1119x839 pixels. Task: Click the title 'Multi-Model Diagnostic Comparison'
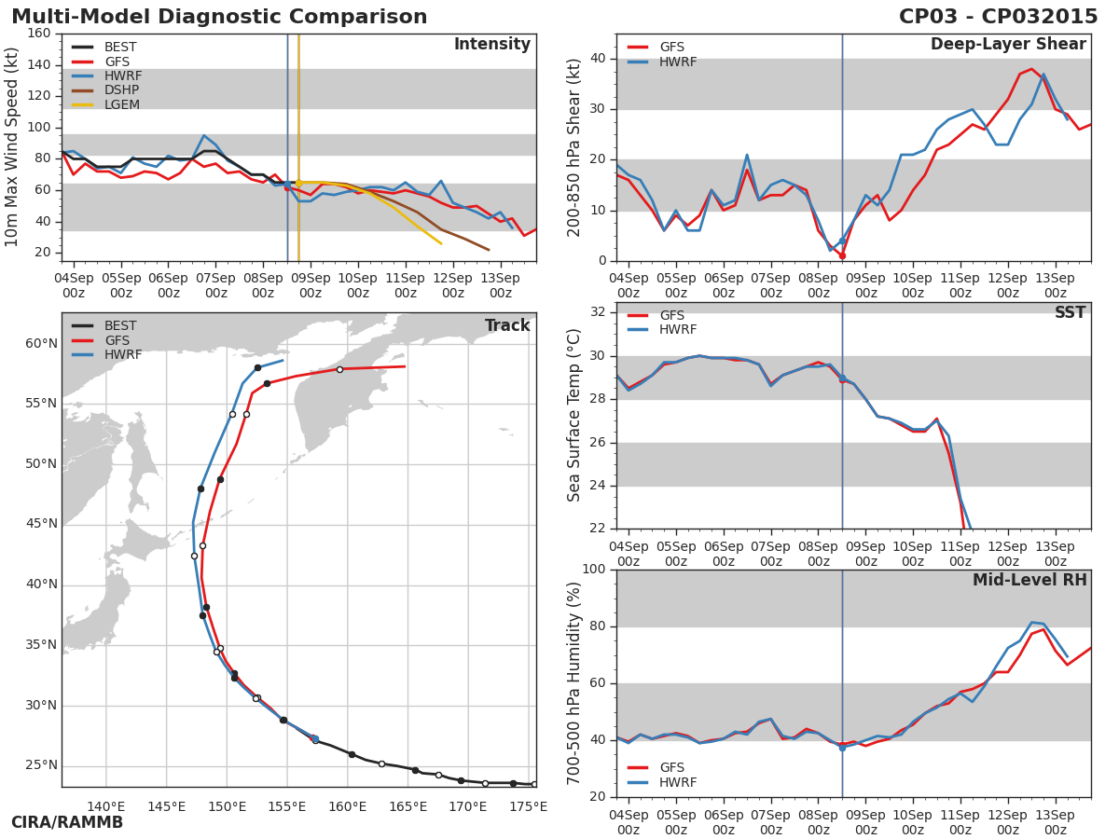click(219, 17)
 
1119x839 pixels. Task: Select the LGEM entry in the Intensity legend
click(121, 104)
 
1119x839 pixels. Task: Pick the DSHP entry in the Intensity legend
click(121, 90)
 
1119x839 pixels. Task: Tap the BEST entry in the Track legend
click(120, 326)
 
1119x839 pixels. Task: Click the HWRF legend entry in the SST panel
click(678, 330)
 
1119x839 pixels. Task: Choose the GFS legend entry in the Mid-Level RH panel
click(671, 768)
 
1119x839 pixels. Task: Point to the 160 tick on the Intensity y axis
click(38, 34)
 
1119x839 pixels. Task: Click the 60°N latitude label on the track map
click(41, 344)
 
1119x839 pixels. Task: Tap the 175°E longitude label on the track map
click(529, 807)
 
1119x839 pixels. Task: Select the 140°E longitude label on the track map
click(106, 807)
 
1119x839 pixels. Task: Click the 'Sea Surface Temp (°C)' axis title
click(574, 415)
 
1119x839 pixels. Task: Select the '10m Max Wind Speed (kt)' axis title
click(12, 147)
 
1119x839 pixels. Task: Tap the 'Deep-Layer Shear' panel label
click(1008, 45)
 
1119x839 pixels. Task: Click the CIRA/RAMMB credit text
click(67, 823)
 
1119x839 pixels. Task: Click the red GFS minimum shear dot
click(842, 255)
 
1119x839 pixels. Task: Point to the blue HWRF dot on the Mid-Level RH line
click(842, 748)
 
